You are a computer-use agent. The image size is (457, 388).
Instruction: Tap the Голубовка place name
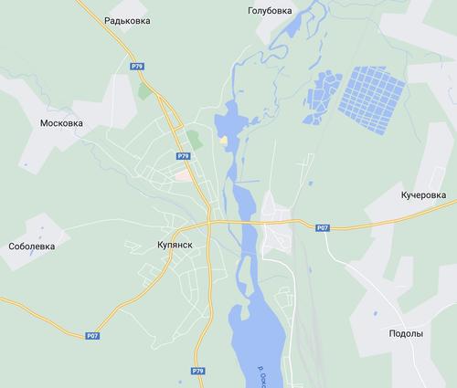pyautogui.click(x=271, y=11)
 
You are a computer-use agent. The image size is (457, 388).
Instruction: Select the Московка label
pyautogui.click(x=62, y=122)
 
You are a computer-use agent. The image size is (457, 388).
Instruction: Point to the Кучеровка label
pyautogui.click(x=423, y=195)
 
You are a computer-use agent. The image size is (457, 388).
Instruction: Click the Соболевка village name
pyautogui.click(x=32, y=246)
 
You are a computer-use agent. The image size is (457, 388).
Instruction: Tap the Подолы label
pyautogui.click(x=406, y=334)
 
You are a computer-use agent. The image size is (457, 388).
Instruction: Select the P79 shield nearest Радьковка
pyautogui.click(x=136, y=66)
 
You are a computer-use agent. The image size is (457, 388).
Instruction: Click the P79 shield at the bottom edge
pyautogui.click(x=198, y=371)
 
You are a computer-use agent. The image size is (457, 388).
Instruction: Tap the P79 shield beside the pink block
pyautogui.click(x=184, y=157)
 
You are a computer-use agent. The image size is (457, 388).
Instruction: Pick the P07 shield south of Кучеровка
pyautogui.click(x=322, y=227)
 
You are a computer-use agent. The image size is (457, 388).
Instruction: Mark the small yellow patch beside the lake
pyautogui.click(x=223, y=141)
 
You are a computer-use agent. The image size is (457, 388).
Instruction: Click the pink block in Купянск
pyautogui.click(x=185, y=173)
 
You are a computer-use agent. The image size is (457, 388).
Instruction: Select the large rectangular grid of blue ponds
pyautogui.click(x=372, y=93)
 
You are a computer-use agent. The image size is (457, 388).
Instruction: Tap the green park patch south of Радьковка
pyautogui.click(x=144, y=89)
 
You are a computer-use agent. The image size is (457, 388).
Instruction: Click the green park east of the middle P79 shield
pyautogui.click(x=193, y=140)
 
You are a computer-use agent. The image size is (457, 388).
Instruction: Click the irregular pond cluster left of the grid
pyautogui.click(x=320, y=94)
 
